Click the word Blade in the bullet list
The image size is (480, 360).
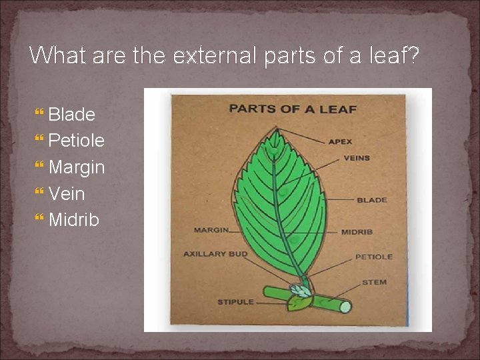click(x=71, y=114)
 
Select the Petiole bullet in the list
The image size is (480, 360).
click(x=76, y=141)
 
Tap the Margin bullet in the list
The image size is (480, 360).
click(x=77, y=167)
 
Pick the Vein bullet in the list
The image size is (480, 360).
click(x=67, y=194)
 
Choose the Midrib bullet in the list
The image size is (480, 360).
click(x=73, y=220)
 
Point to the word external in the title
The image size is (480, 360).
click(x=215, y=55)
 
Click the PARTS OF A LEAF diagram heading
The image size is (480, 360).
click(x=293, y=109)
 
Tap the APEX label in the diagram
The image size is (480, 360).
click(x=340, y=141)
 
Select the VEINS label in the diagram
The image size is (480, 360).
click(x=356, y=159)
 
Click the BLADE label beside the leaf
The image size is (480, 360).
click(x=371, y=200)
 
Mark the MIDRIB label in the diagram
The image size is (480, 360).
click(x=357, y=232)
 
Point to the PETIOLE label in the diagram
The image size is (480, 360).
click(x=373, y=257)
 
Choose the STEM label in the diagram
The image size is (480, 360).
click(x=374, y=283)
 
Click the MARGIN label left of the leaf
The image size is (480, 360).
click(x=210, y=230)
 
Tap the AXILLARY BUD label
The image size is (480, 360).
click(x=215, y=254)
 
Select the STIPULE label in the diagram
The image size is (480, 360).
click(x=235, y=302)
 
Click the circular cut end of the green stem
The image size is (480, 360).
click(x=345, y=307)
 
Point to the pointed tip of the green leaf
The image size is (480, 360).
click(x=274, y=133)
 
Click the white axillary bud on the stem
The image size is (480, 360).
click(x=300, y=291)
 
